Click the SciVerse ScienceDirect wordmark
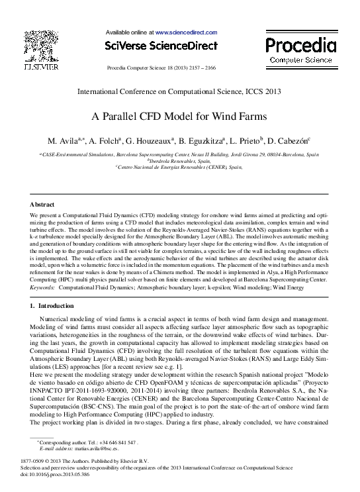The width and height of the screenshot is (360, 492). click(161, 46)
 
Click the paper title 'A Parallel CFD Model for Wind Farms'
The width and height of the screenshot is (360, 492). click(179, 117)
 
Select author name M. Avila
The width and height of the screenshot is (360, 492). click(64, 141)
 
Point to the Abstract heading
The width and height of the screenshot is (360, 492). click(43, 205)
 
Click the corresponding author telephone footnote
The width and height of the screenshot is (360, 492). click(87, 442)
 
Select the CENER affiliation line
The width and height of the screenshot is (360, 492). click(180, 168)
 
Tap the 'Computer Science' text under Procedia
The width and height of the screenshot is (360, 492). click(301, 60)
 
